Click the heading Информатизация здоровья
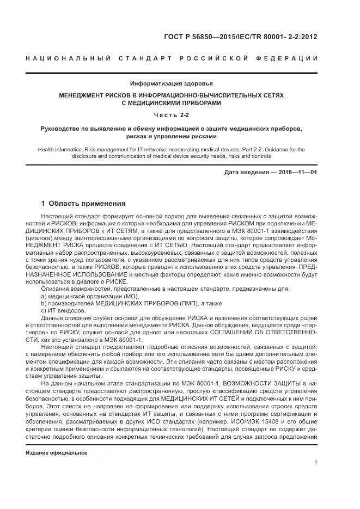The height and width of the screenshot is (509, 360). [172, 83]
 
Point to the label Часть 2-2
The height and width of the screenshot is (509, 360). [172, 115]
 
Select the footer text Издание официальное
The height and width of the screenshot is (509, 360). [57, 452]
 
